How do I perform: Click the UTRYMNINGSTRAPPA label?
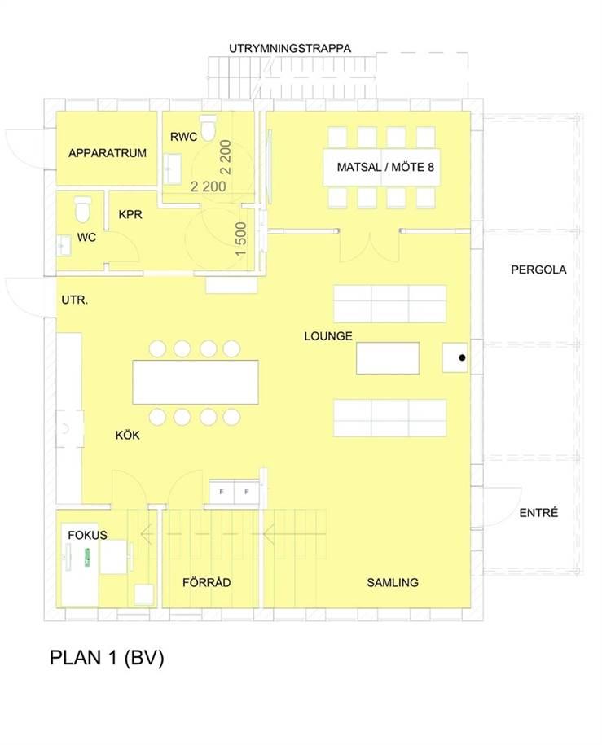pyautogui.click(x=290, y=49)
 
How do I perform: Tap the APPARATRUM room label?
pyautogui.click(x=108, y=153)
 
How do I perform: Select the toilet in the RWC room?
pyautogui.click(x=208, y=128)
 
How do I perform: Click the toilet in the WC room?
pyautogui.click(x=83, y=209)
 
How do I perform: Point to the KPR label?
pyautogui.click(x=130, y=214)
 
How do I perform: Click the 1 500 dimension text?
pyautogui.click(x=241, y=239)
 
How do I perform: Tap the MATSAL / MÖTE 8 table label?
pyautogui.click(x=385, y=167)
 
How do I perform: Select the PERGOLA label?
pyautogui.click(x=538, y=270)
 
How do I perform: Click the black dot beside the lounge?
pyautogui.click(x=462, y=357)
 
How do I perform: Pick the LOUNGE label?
pyautogui.click(x=328, y=336)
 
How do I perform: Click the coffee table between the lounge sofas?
pyautogui.click(x=388, y=357)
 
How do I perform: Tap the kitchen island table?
pyautogui.click(x=196, y=382)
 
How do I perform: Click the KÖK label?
pyautogui.click(x=127, y=436)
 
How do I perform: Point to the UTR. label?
pyautogui.click(x=75, y=300)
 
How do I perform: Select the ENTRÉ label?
pyautogui.click(x=538, y=513)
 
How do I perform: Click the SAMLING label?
pyautogui.click(x=393, y=582)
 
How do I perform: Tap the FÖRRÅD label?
pyautogui.click(x=206, y=582)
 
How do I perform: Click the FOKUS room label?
pyautogui.click(x=87, y=536)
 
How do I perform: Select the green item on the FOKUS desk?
pyautogui.click(x=87, y=557)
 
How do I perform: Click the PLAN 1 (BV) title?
pyautogui.click(x=107, y=658)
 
